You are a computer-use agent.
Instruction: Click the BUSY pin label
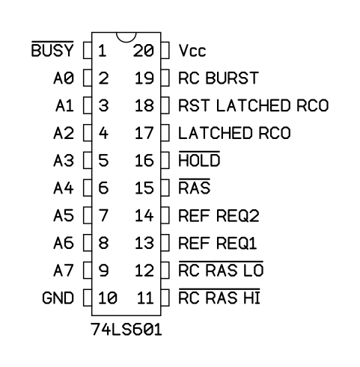[52, 49]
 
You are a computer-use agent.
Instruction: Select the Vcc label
[192, 51]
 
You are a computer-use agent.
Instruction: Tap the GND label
[58, 297]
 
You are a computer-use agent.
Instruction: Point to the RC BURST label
[219, 78]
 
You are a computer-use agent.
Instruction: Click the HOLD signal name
[199, 159]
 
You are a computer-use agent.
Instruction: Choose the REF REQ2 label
[219, 215]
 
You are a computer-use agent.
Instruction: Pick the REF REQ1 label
[218, 243]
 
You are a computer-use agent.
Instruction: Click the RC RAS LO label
[221, 269]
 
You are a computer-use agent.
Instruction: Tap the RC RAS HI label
[219, 297]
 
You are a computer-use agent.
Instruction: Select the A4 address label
[64, 188]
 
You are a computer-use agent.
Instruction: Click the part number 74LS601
[126, 330]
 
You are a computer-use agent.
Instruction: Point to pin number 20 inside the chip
[144, 51]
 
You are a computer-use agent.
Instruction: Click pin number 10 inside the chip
[108, 297]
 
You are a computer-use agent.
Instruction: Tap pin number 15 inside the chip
[144, 188]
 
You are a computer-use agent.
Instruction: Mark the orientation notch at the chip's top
[126, 37]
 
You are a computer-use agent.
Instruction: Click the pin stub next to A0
[88, 78]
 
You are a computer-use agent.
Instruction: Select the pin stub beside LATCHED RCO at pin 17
[165, 133]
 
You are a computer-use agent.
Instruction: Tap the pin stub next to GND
[88, 297]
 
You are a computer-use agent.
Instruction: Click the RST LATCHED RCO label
[254, 105]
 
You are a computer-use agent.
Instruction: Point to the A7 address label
[64, 271]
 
